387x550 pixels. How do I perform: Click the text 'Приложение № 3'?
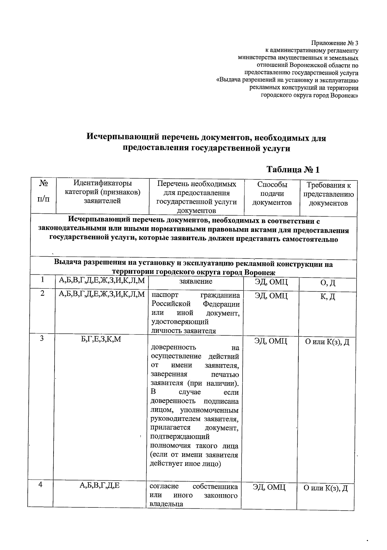pos(334,43)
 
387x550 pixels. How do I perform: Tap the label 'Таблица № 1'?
pos(293,169)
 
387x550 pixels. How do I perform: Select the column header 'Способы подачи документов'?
pos(272,193)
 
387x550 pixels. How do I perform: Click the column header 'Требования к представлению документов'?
pos(328,194)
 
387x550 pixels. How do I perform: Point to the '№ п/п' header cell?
pos(44,190)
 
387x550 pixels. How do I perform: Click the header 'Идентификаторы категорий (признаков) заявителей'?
pos(103,192)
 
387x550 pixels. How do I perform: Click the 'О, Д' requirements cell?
pos(328,283)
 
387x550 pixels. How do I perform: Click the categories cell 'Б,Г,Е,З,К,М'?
pos(101,339)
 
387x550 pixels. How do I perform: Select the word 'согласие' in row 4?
pos(162,487)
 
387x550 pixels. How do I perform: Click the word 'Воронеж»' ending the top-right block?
pos(344,95)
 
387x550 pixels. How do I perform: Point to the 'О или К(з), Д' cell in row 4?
pos(326,488)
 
